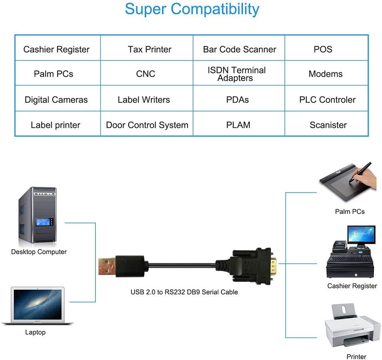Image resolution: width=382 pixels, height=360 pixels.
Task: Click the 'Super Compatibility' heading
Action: pyautogui.click(x=192, y=9)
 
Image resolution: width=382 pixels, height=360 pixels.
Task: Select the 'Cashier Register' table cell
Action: pyautogui.click(x=56, y=49)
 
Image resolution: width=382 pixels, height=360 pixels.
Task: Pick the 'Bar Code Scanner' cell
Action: pyautogui.click(x=239, y=49)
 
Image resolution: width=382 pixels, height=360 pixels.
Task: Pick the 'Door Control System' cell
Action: pyautogui.click(x=147, y=125)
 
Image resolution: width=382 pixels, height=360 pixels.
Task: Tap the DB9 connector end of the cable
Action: pyautogui.click(x=256, y=263)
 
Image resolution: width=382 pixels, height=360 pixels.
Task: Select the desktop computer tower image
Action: pyautogui.click(x=37, y=216)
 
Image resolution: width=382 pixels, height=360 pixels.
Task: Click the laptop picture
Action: pyautogui.click(x=38, y=305)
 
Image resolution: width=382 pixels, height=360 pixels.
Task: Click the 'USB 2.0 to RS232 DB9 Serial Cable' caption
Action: pyautogui.click(x=184, y=292)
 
